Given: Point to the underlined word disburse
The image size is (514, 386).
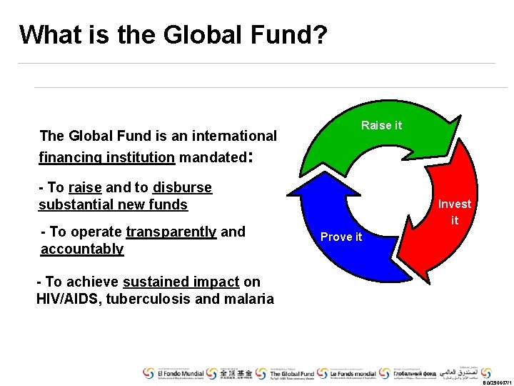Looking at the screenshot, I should pos(182,188).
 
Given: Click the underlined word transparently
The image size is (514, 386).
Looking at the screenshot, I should pos(171,232).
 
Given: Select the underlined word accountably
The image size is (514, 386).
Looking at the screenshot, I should pos(82,249).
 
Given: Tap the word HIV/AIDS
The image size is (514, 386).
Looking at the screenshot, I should pos(69,299).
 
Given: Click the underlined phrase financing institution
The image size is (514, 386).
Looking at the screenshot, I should pos(107,157).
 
